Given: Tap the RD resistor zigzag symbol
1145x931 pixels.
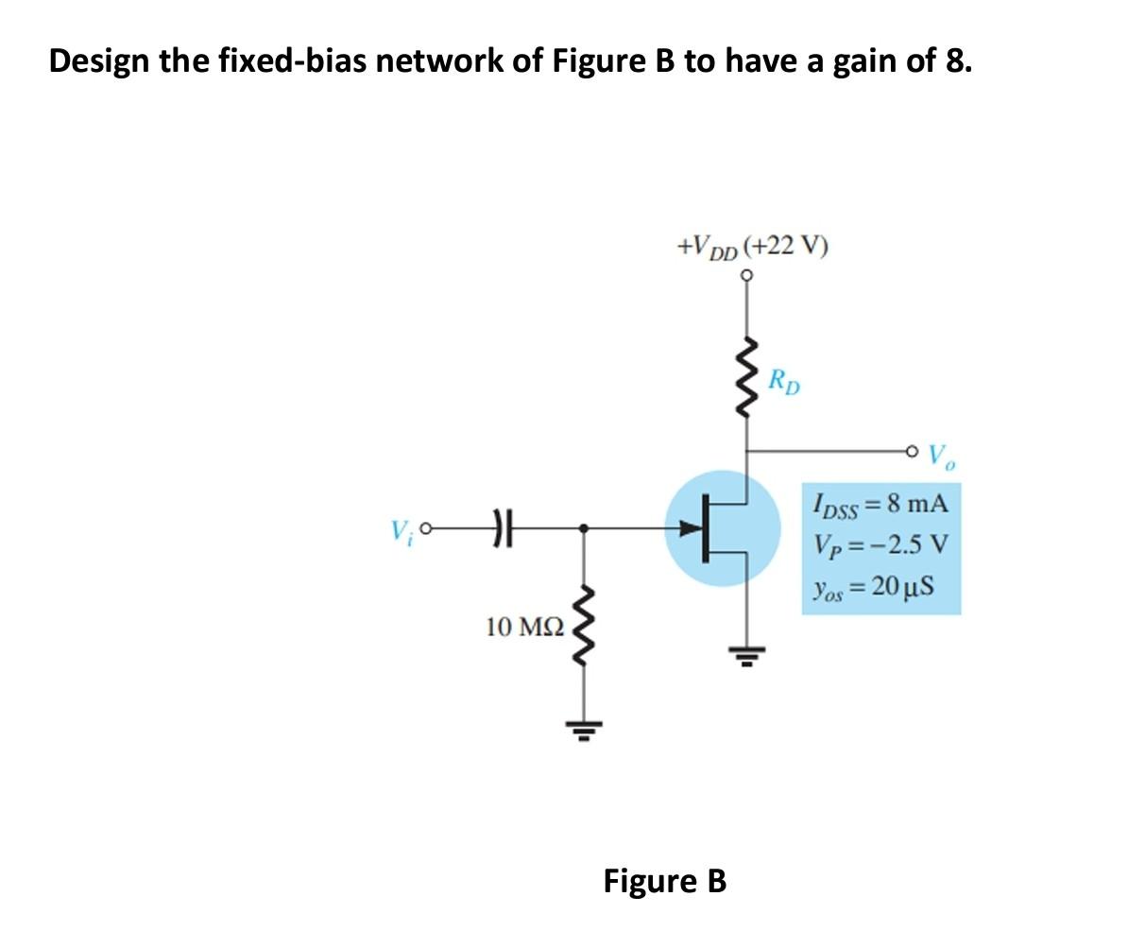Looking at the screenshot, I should [748, 376].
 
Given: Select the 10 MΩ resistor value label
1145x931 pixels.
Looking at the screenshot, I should [524, 626].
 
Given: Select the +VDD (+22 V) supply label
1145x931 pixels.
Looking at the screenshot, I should [753, 247].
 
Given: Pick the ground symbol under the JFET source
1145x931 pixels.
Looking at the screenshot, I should [747, 653].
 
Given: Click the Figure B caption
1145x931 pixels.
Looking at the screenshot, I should [665, 881].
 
